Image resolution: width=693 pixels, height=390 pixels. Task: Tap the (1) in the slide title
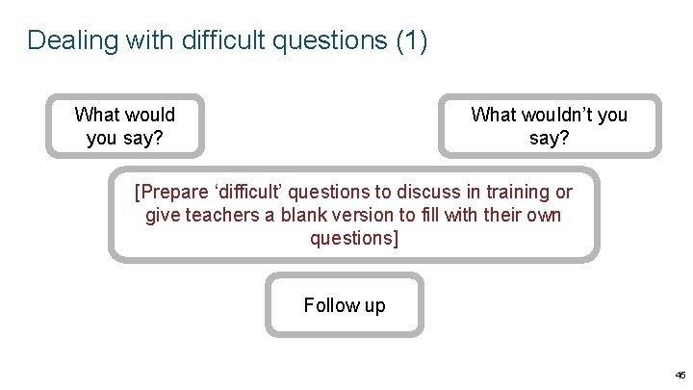tap(412, 40)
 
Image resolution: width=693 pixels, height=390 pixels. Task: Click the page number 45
tap(680, 375)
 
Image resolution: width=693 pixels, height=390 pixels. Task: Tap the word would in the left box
tap(148, 116)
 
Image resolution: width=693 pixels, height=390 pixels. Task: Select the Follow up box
tap(344, 305)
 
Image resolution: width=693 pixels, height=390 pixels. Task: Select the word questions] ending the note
tap(353, 237)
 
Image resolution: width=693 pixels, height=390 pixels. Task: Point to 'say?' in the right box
tap(549, 138)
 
